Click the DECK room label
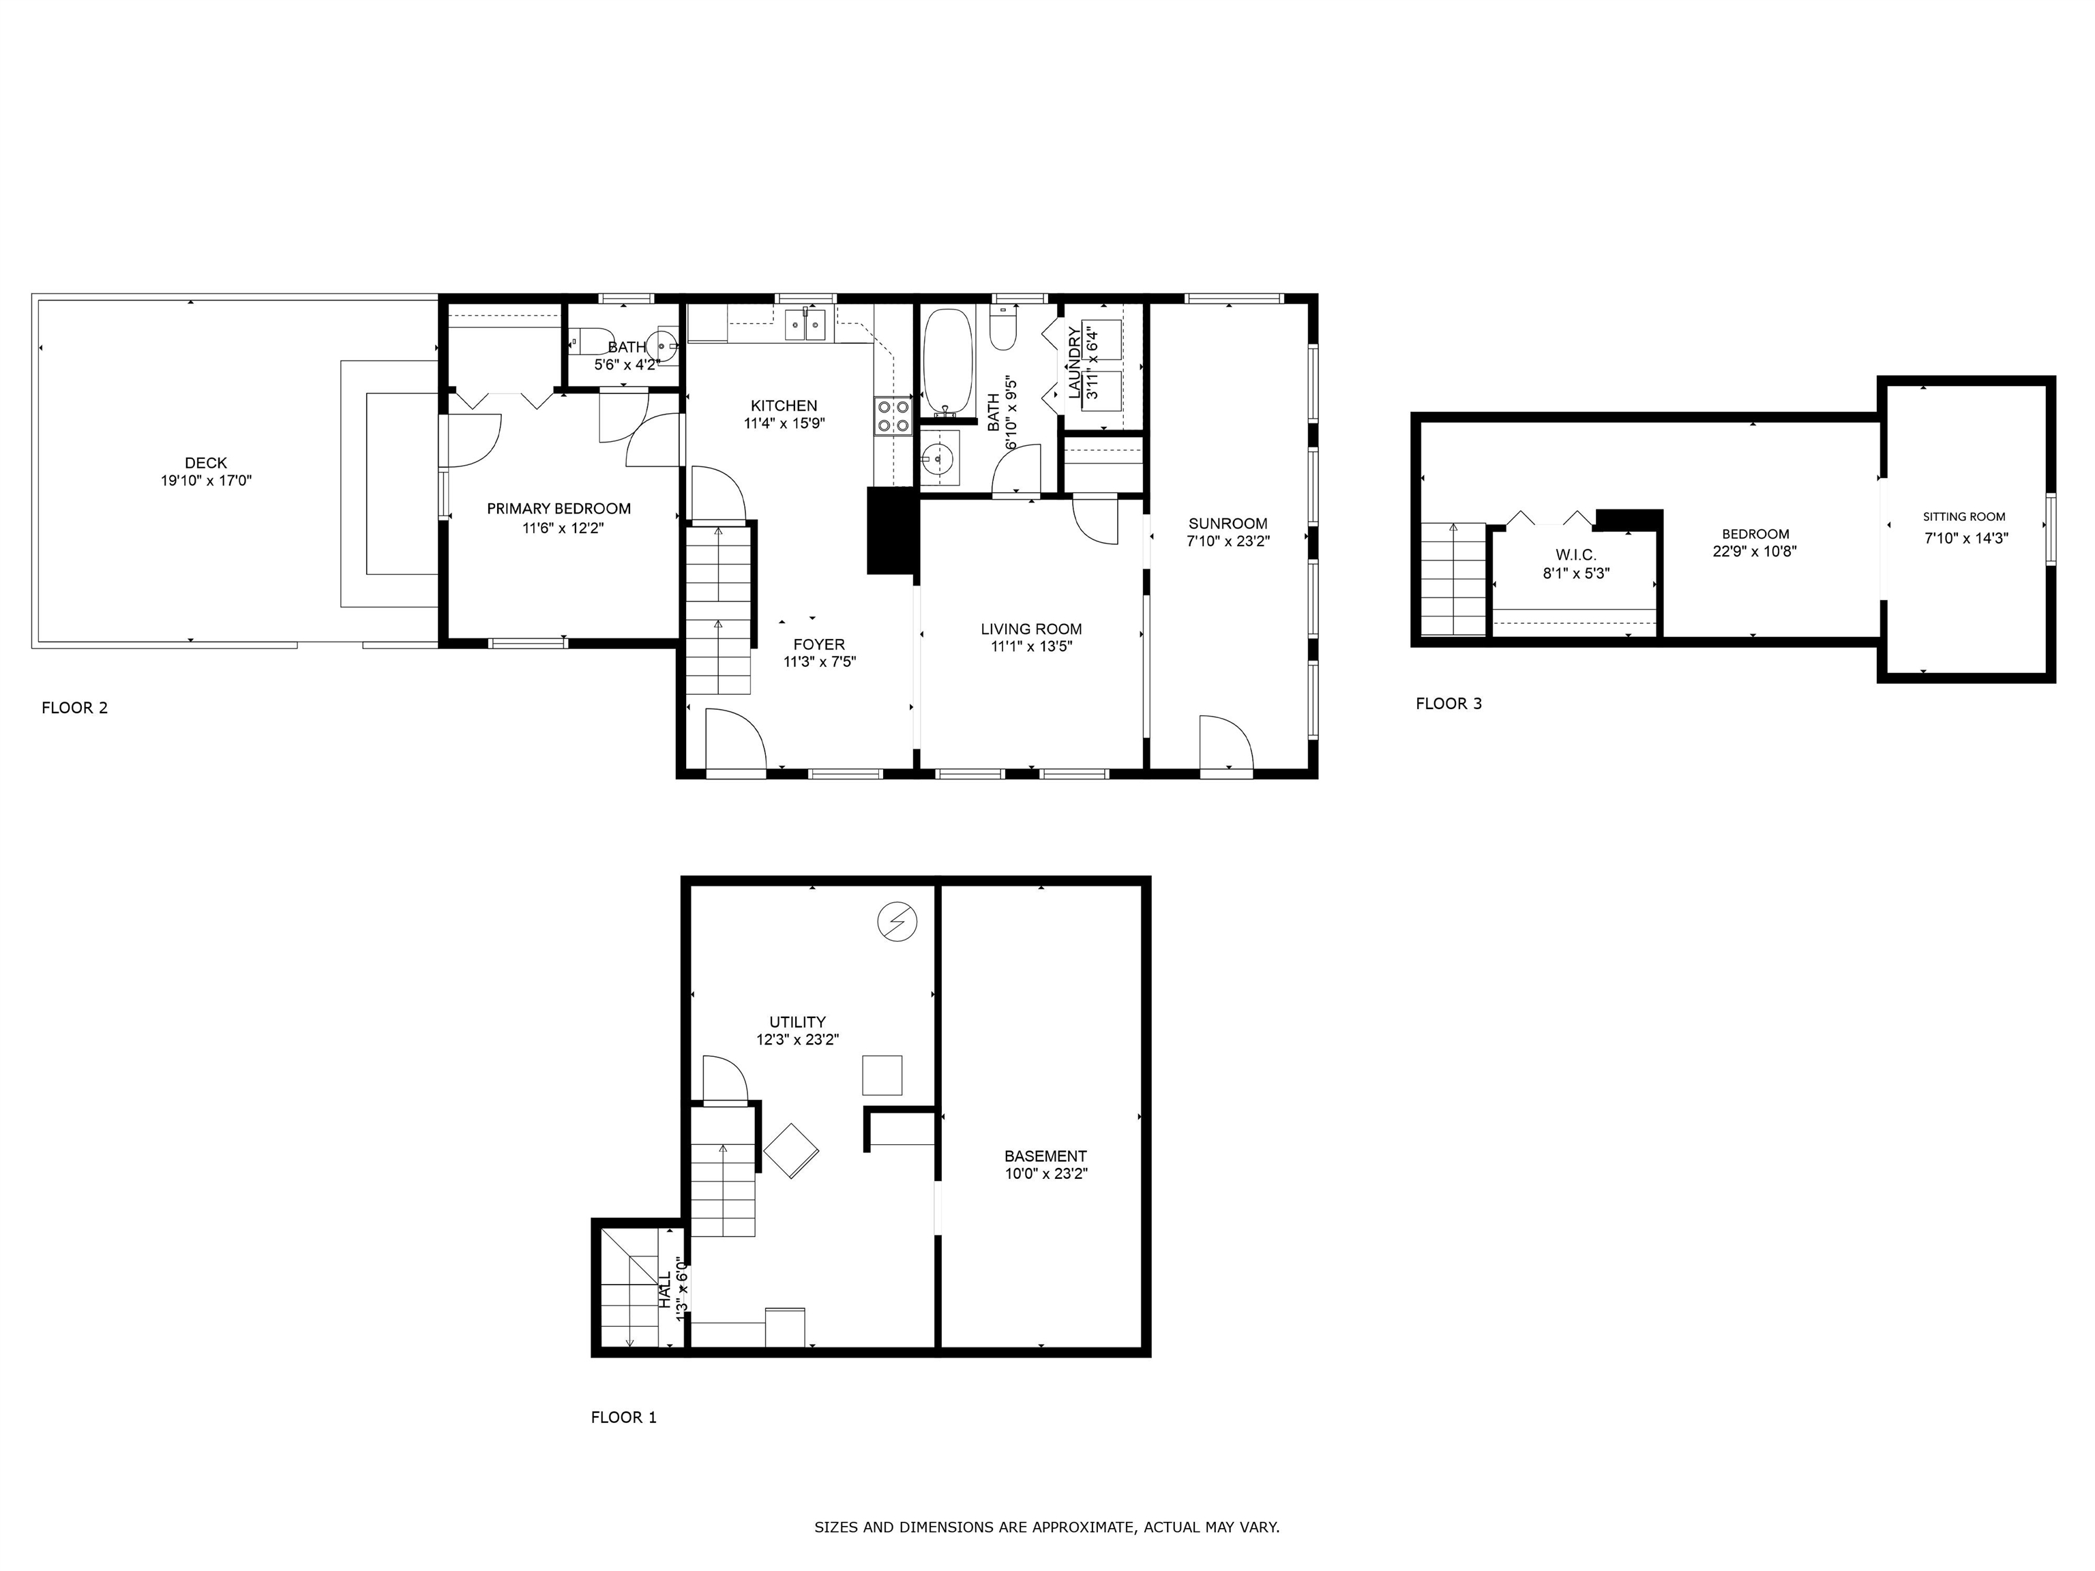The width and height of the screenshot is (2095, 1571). coord(205,463)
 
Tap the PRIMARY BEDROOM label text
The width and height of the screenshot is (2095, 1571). coord(559,509)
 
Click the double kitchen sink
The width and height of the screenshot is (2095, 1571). coord(805,325)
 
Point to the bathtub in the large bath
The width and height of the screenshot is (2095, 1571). coord(948,362)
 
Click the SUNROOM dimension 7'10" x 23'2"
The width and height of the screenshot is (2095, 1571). coord(1228,541)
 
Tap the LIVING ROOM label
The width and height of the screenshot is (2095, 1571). coord(1030,629)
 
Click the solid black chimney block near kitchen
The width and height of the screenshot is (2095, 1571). coord(891,530)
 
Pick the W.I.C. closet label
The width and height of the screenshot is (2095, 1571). coord(1575,555)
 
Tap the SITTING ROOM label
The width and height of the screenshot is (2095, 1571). coord(1963,517)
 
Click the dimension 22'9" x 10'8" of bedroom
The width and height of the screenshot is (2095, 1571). coord(1754,551)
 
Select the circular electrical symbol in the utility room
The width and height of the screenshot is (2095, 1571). coord(897,921)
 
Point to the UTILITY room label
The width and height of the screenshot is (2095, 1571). coord(797,1022)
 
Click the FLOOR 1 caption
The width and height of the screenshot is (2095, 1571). coord(623,1418)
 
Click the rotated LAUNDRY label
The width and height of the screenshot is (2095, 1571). coord(1074,362)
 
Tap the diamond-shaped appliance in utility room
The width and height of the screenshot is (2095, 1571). coord(791,1150)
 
